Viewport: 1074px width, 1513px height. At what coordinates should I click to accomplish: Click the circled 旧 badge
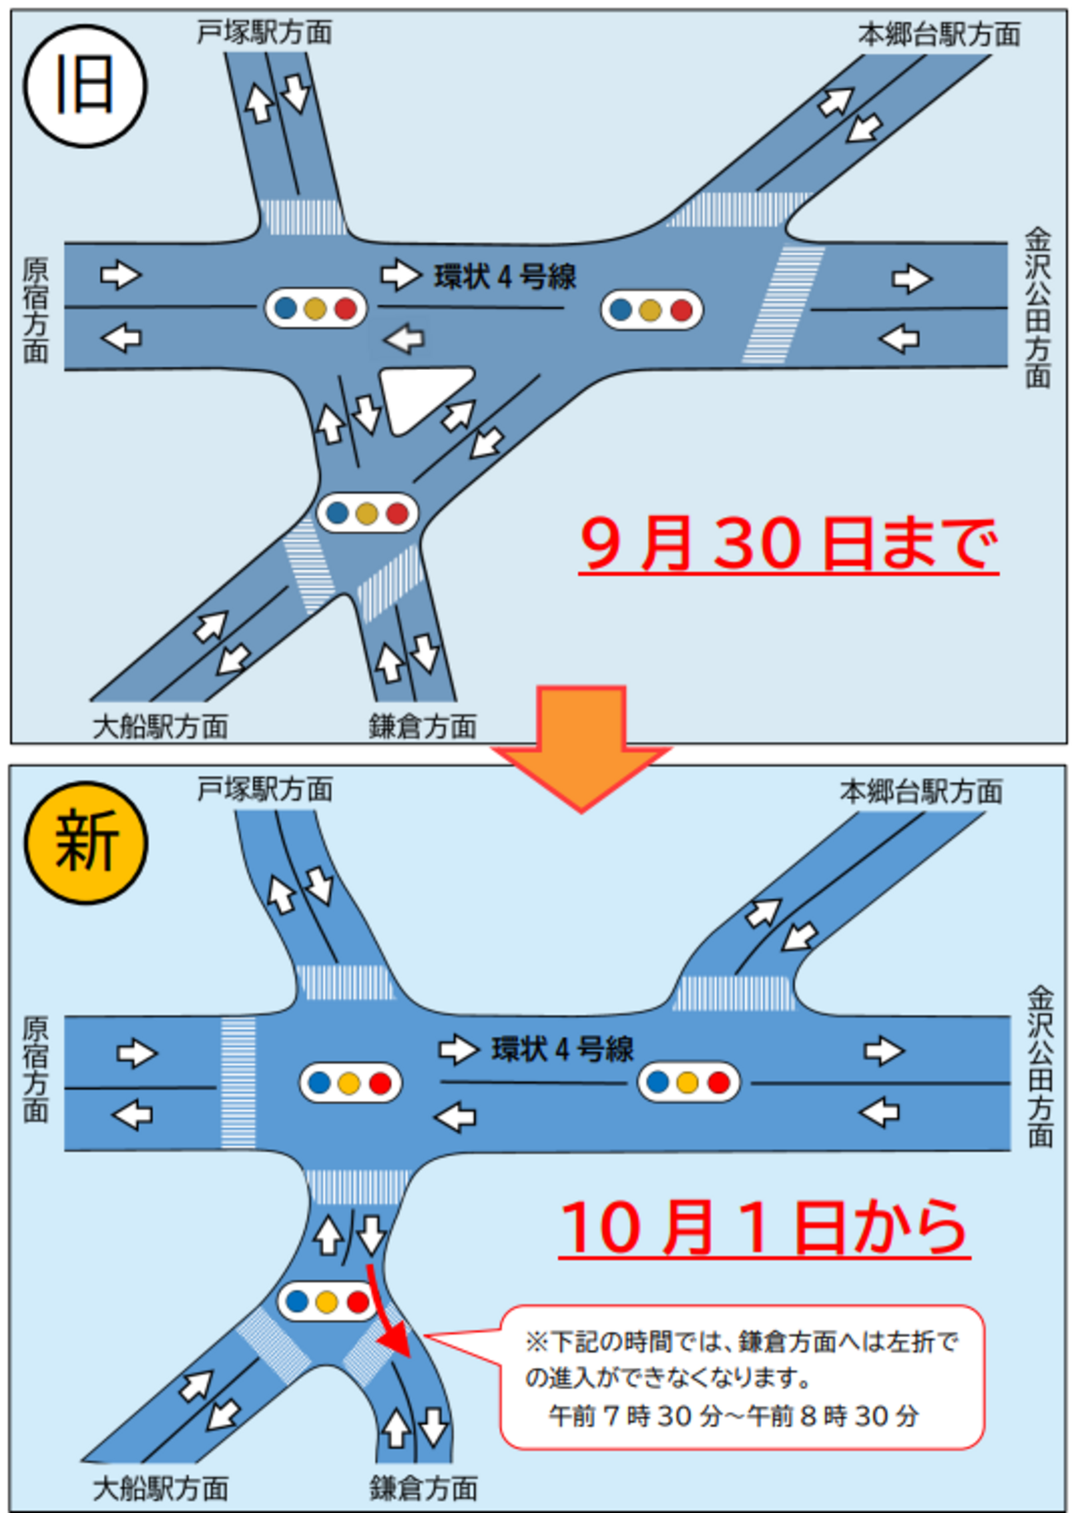85,87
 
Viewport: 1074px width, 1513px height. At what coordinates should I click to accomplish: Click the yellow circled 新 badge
86,842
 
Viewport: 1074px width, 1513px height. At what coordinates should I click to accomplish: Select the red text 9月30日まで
789,544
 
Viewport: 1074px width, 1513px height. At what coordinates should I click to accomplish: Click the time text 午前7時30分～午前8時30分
734,1416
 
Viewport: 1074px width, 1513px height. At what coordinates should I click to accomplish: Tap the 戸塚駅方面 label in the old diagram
264,33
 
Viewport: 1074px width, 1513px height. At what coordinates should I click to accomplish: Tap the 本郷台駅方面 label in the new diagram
921,792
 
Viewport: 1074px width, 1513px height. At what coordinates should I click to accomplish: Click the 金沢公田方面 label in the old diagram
1038,309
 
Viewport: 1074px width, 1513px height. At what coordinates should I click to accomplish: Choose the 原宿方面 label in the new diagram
36,1070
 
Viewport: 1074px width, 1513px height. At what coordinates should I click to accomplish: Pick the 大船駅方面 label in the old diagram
160,727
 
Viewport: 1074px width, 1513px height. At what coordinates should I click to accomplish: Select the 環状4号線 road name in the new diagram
563,1050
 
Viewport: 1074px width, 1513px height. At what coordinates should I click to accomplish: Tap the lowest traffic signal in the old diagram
367,514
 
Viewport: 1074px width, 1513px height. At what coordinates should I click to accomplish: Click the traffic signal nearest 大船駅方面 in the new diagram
327,1302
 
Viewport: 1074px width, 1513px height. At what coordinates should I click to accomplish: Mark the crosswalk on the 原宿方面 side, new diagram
238,1082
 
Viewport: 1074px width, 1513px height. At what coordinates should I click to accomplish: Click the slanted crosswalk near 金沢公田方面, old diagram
783,304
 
